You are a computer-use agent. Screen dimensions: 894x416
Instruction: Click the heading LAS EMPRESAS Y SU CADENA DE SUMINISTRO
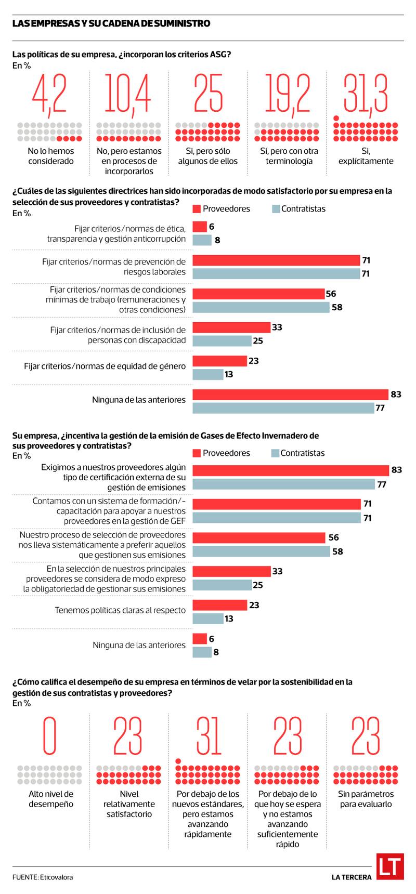coord(111,23)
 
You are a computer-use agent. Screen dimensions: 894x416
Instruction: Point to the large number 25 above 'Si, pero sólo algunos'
coord(208,93)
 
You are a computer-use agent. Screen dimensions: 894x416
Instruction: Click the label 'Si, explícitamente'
coord(366,156)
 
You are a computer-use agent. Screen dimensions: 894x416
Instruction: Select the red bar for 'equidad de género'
coord(219,361)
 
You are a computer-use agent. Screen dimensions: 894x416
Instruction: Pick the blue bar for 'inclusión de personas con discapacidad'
coord(222,341)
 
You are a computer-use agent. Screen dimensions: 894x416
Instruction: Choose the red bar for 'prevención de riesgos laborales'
coord(276,260)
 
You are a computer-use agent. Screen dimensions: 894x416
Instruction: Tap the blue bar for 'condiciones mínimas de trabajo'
coord(261,307)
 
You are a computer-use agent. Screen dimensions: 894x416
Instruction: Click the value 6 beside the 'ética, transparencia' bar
coord(212,227)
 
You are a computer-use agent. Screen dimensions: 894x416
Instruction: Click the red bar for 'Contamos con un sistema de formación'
coord(277,504)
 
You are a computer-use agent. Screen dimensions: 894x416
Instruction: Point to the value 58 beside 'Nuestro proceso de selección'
coord(337,551)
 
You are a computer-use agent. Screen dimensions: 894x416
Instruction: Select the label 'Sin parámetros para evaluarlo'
coord(366,799)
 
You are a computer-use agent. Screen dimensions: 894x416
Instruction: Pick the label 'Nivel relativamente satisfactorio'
coord(129,804)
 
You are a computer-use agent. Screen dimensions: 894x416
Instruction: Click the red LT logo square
coord(390,868)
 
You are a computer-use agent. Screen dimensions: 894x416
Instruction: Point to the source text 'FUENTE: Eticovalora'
coord(43,877)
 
